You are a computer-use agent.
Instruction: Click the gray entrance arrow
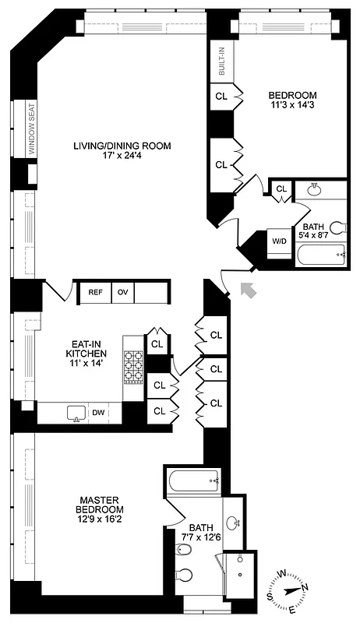pos(249,290)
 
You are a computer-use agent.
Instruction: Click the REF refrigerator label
pos(95,292)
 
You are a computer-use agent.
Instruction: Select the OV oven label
pos(122,292)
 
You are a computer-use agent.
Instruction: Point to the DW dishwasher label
pos(98,412)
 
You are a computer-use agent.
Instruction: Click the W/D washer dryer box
pos(279,241)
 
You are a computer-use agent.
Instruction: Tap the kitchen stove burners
pos(134,366)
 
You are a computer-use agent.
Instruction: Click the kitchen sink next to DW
pos(76,412)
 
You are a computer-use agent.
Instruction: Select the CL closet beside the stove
pos(157,343)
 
